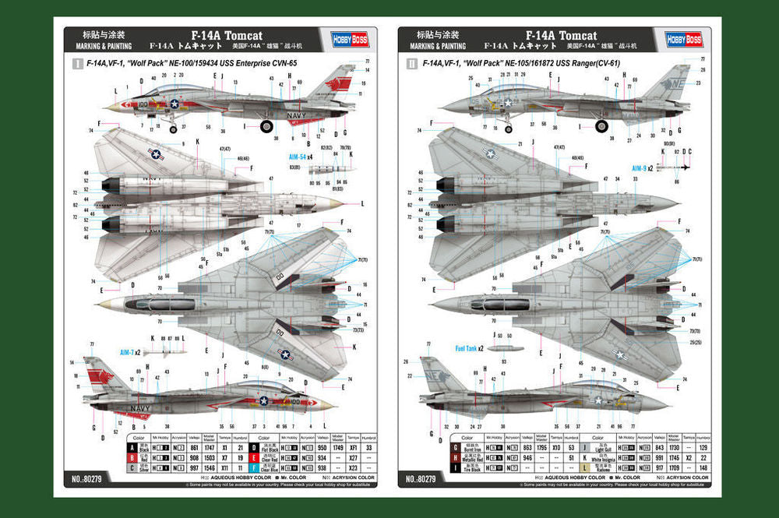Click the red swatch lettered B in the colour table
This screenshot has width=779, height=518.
(x=132, y=458)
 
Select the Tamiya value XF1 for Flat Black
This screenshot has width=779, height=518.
(x=353, y=448)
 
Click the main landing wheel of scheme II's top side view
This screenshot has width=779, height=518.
(x=601, y=126)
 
